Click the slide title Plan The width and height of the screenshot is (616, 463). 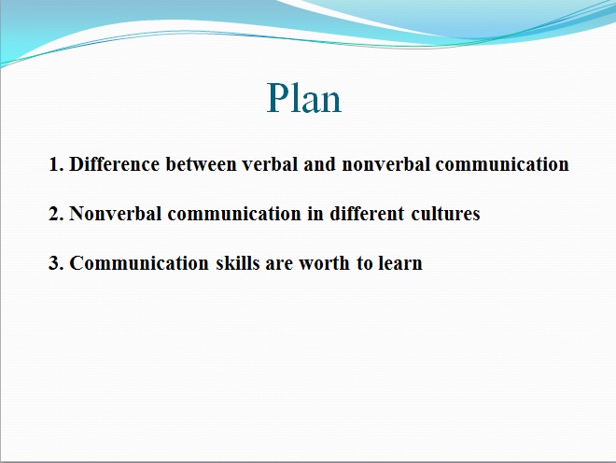[303, 98]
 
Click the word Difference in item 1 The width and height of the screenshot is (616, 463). [114, 164]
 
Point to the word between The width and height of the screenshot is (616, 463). [202, 164]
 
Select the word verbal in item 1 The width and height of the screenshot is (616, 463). [270, 164]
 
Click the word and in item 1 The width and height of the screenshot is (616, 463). [319, 164]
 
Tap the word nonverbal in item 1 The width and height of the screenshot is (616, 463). [385, 164]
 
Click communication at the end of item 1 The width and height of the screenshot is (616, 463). [502, 164]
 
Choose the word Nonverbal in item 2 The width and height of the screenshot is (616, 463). [116, 214]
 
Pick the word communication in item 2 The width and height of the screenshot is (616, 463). [234, 214]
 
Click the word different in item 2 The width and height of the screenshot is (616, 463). [367, 214]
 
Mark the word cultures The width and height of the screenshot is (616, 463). [445, 214]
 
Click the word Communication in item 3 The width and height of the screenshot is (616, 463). [139, 263]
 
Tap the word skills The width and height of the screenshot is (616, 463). [238, 263]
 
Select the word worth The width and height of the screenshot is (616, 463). [324, 263]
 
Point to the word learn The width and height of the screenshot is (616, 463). [400, 263]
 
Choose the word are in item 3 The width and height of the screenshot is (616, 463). [279, 263]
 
